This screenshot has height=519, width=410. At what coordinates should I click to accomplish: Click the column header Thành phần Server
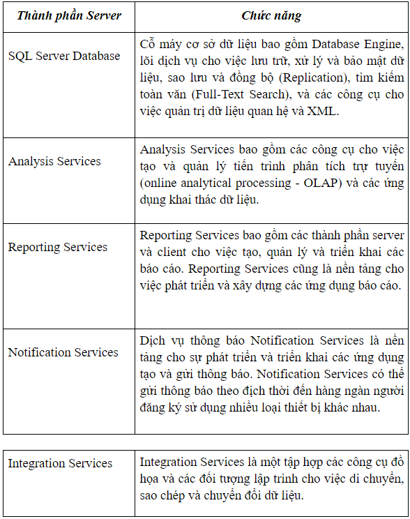pos(69,15)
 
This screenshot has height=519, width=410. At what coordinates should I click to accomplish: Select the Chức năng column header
pos(271,15)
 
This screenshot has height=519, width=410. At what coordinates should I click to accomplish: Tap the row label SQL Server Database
pos(64,56)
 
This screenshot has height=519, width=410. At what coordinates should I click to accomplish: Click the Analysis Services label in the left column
pos(54,161)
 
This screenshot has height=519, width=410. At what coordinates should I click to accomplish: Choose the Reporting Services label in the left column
pos(58,247)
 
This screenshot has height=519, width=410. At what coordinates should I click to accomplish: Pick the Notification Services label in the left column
pos(63,352)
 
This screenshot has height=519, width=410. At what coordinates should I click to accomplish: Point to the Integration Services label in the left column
pos(60,463)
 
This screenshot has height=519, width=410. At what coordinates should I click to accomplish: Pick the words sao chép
pos(164,498)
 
